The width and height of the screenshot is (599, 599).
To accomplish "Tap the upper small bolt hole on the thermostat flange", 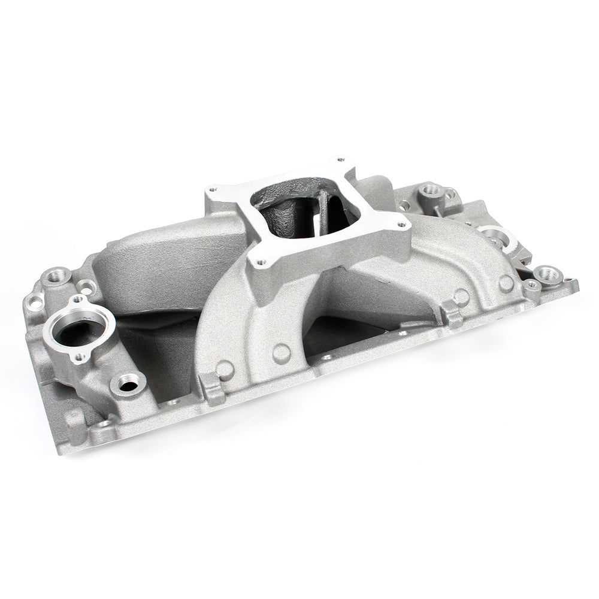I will pyautogui.click(x=78, y=299).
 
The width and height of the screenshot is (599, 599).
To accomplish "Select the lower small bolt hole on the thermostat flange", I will pyautogui.click(x=80, y=358).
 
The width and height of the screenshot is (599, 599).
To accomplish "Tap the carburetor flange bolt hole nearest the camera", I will pyautogui.click(x=261, y=261).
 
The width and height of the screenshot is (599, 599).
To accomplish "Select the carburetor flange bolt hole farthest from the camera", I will pyautogui.click(x=341, y=160).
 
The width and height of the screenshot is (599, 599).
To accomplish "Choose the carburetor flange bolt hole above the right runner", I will pyautogui.click(x=401, y=226).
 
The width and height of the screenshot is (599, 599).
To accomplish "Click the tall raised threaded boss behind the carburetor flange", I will pyautogui.click(x=429, y=190).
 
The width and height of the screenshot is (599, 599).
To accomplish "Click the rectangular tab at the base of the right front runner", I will pyautogui.click(x=452, y=312).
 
